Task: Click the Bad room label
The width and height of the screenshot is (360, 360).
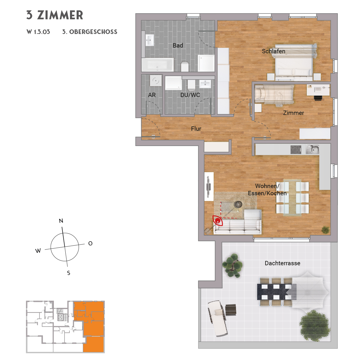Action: [178, 46]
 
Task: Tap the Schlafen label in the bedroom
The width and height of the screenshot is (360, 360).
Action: [273, 51]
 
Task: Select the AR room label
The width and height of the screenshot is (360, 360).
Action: [152, 95]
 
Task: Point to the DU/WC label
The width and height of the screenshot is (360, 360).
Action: [190, 95]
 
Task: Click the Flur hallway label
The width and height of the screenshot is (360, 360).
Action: [196, 129]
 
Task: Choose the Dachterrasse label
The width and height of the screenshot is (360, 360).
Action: [282, 263]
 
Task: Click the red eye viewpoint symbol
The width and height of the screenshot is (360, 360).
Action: [218, 221]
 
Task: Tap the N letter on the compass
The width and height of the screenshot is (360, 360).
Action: [61, 221]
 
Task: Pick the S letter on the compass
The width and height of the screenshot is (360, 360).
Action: [69, 273]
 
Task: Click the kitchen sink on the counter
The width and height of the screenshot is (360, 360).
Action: [312, 149]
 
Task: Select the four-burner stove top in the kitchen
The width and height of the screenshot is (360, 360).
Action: [296, 149]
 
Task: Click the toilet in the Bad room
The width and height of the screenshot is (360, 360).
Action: [185, 67]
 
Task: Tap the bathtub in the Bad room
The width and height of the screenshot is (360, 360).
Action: [157, 65]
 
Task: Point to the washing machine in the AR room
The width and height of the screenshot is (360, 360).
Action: [156, 81]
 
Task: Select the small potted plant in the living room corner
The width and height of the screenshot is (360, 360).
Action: [325, 230]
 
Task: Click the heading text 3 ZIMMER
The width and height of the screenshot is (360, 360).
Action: [55, 15]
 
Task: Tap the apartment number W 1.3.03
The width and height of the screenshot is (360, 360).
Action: [38, 32]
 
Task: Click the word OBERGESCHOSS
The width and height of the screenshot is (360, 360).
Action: [93, 32]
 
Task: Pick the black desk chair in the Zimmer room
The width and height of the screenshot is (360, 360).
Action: [317, 98]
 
